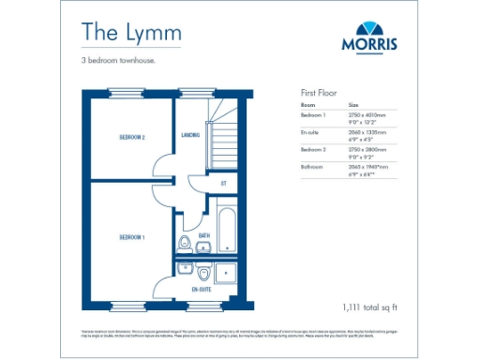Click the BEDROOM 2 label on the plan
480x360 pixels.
coord(131,138)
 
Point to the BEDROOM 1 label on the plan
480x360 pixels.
coord(131,237)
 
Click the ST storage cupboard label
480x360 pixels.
coord(224,184)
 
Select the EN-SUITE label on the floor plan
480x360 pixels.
coord(202,291)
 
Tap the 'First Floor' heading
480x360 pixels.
coord(319,94)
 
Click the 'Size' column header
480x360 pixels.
coord(353,105)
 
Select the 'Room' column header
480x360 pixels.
coord(307,105)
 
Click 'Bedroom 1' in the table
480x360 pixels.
coord(314,114)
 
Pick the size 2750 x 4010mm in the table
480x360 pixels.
coord(367,114)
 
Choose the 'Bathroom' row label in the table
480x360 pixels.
coord(313,167)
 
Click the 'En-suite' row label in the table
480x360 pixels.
coord(311,132)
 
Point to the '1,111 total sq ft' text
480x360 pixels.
coord(370,307)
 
